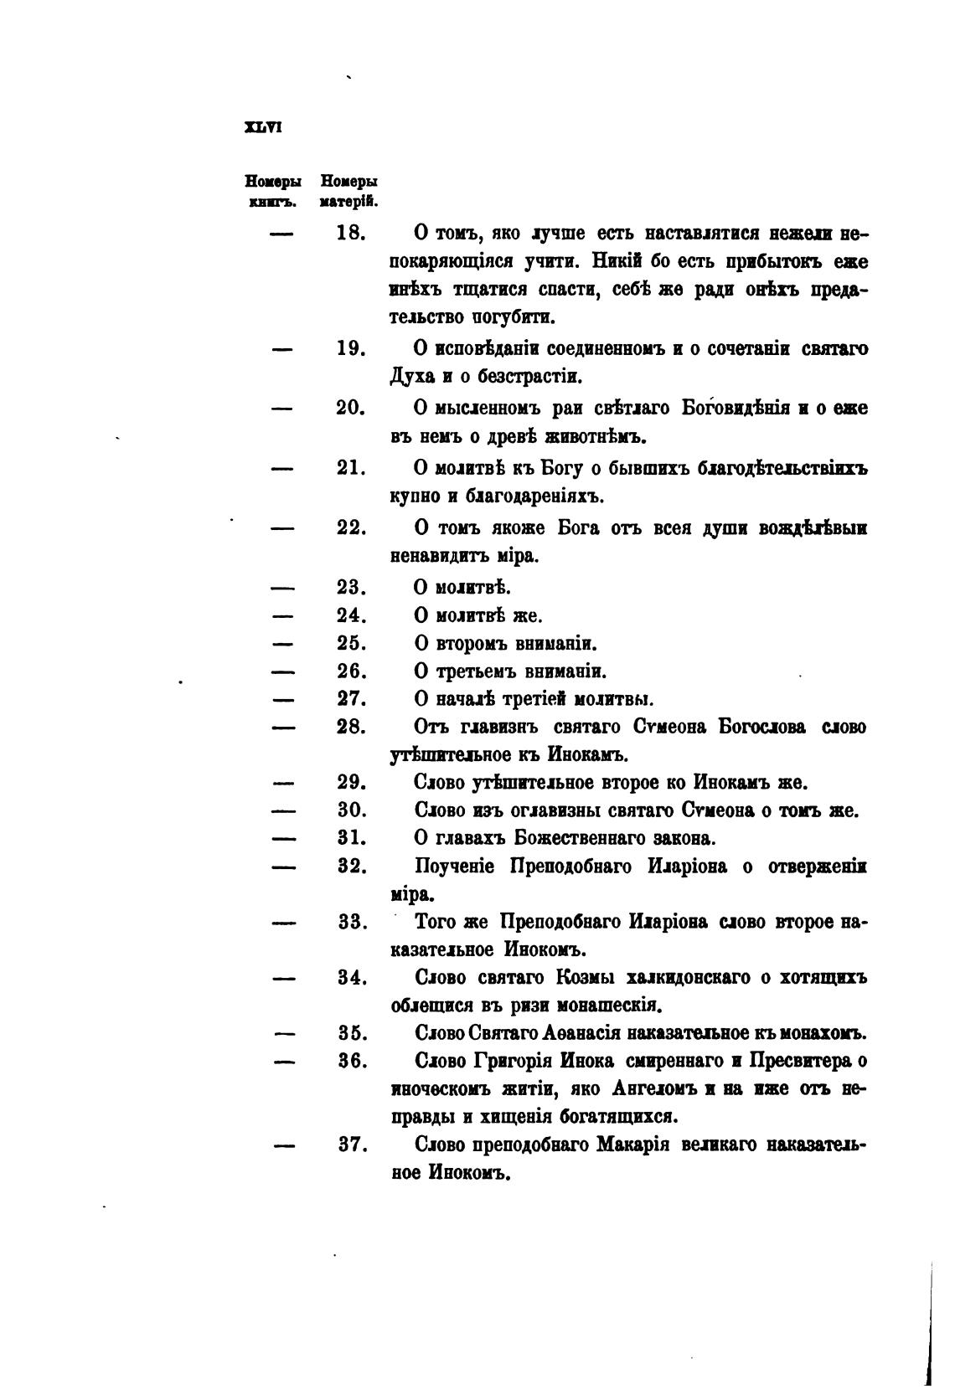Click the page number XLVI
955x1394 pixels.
coord(261,129)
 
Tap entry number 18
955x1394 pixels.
coord(351,234)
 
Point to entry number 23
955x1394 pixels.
coord(351,588)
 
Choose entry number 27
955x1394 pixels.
coord(351,699)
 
